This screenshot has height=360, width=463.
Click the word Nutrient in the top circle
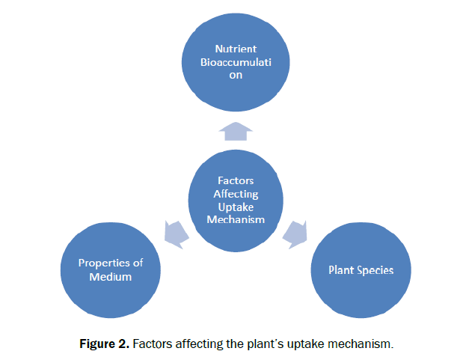(236, 49)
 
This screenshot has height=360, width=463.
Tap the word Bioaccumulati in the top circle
(236, 62)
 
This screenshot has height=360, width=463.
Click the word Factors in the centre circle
(236, 180)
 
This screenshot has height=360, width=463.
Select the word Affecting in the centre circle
(236, 193)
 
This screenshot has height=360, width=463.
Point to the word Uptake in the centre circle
(236, 206)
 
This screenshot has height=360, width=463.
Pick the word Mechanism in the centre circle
(236, 219)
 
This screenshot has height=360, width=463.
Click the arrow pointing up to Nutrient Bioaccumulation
(235, 132)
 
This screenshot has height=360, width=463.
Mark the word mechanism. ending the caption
(365, 344)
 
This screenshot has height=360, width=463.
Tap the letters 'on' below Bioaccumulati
(236, 76)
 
